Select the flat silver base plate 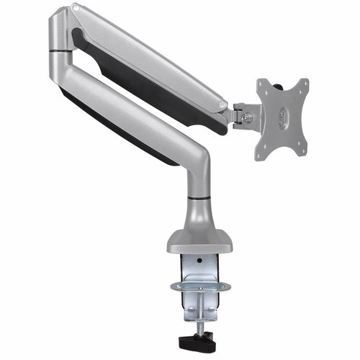click(199, 242)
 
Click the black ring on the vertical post click(199, 197)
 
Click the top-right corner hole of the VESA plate click(303, 84)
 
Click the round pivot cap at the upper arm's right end click(219, 107)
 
